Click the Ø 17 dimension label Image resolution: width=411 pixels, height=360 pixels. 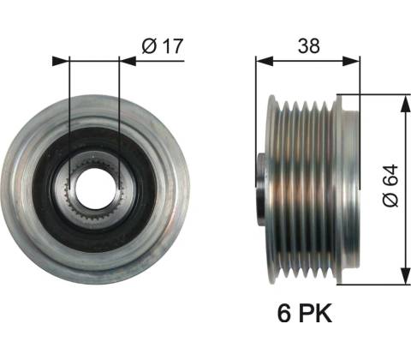pos(163,45)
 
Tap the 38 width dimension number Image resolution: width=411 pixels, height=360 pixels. pos(309,45)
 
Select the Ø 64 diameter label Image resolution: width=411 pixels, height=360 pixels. pos(390,185)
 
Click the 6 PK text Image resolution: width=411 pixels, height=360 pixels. pos(305,313)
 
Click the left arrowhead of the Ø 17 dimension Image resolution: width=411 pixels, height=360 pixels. pos(61,61)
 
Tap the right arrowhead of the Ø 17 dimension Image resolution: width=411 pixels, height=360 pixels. pos(128,61)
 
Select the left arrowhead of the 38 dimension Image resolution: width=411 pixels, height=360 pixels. pos(265,61)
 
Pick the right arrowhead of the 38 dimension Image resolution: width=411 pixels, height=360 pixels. pos(351,61)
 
